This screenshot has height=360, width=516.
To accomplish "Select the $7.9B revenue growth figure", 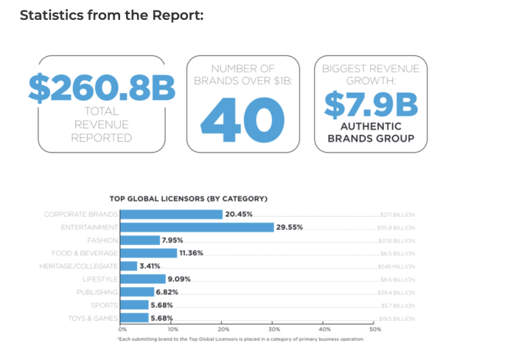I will click(370, 104).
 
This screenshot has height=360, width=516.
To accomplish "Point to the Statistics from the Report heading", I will click(111, 15).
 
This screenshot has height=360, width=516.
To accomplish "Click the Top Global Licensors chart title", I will click(188, 198).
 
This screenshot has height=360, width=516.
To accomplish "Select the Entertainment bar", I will click(196, 227).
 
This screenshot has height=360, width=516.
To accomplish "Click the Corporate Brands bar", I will click(171, 215).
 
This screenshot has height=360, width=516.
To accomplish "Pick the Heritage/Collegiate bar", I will click(128, 266).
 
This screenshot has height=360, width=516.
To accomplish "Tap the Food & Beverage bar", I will click(148, 253).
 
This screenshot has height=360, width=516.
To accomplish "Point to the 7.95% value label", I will click(172, 240).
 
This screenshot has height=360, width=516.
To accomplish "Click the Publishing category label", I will click(97, 291).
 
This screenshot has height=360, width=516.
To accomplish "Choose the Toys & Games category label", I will click(93, 317).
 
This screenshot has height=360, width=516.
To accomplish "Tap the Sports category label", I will click(104, 305).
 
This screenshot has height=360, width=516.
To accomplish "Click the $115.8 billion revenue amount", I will click(396, 228).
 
